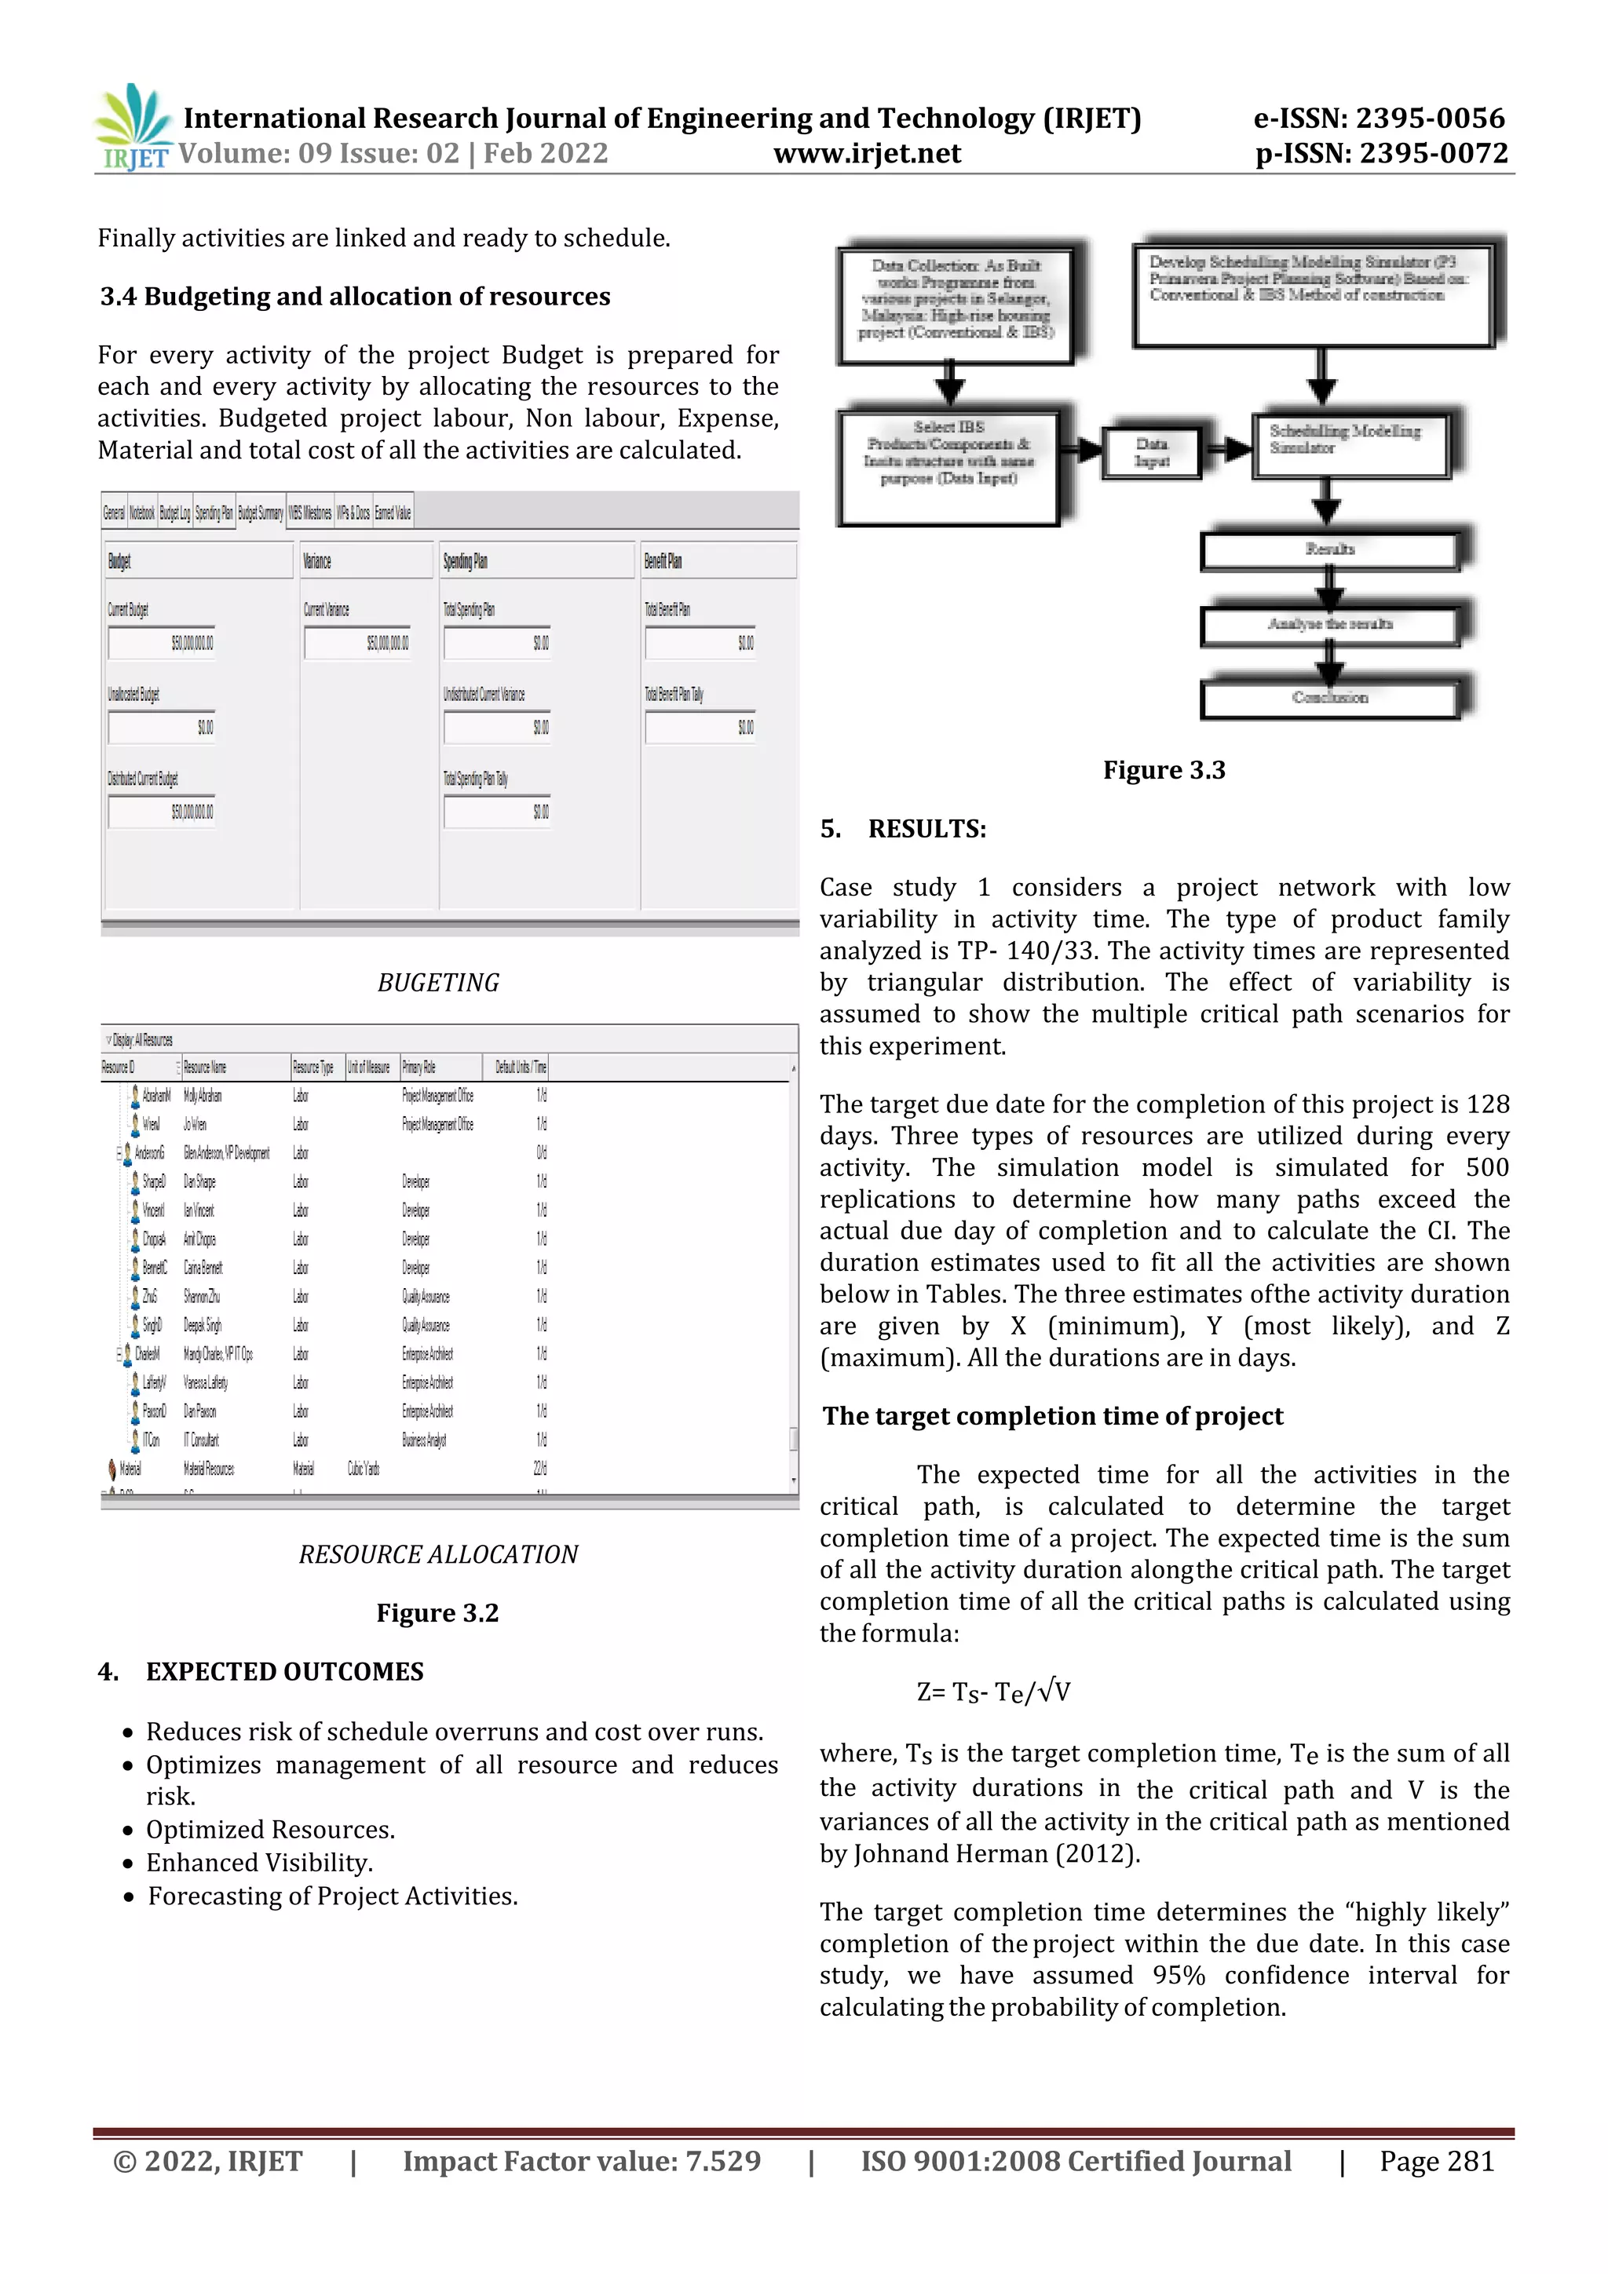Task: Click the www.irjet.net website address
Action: pyautogui.click(x=867, y=154)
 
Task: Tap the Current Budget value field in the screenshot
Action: pyautogui.click(x=163, y=643)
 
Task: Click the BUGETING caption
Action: pyautogui.click(x=438, y=983)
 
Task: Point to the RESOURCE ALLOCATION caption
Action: pyautogui.click(x=438, y=1554)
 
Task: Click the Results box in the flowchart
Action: pyautogui.click(x=1328, y=551)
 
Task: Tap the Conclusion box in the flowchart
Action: pyautogui.click(x=1328, y=699)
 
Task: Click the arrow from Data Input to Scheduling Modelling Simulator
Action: pyautogui.click(x=1226, y=450)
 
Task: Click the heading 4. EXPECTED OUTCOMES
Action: pyautogui.click(x=261, y=1671)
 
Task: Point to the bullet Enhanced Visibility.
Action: pyautogui.click(x=260, y=1862)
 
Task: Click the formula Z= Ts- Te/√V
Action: pyautogui.click(x=992, y=1691)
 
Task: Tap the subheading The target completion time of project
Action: pyautogui.click(x=1052, y=1415)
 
